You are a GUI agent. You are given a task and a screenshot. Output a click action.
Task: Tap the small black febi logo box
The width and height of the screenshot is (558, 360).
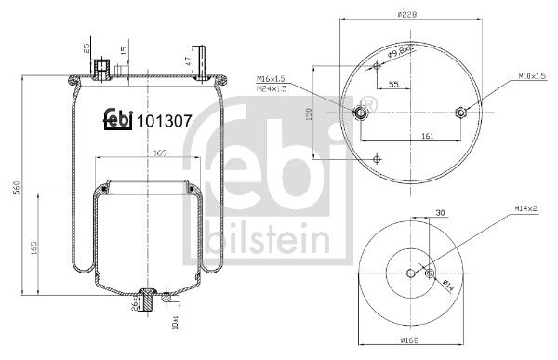tap(115, 120)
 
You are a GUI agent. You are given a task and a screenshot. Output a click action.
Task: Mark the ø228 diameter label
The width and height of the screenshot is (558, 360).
tap(405, 15)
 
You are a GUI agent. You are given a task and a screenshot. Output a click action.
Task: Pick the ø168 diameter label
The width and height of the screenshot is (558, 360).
tap(410, 345)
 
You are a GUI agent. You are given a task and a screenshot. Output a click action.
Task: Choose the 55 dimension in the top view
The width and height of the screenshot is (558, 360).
tap(394, 85)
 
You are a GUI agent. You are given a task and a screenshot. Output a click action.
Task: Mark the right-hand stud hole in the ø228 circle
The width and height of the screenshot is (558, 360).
tap(460, 113)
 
